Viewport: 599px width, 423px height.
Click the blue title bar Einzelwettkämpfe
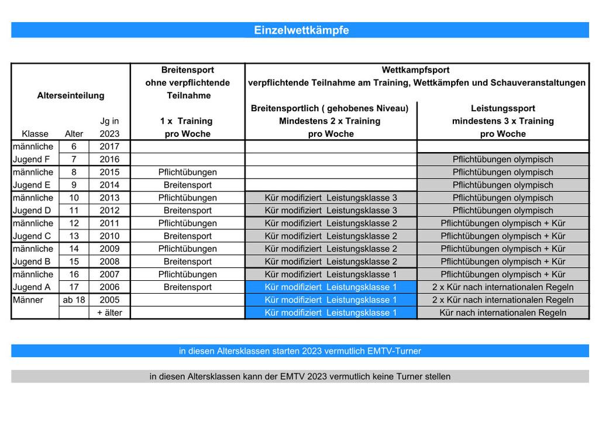[x=300, y=30]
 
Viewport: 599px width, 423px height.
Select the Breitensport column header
[x=187, y=70]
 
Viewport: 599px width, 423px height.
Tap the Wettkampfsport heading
[x=415, y=70]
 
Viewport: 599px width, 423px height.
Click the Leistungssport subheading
[x=502, y=108]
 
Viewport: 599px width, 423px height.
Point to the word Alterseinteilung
[x=70, y=95]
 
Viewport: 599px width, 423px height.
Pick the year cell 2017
[x=109, y=146]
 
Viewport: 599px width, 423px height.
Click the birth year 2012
[x=109, y=210]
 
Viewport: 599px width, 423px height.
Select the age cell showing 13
[x=74, y=236]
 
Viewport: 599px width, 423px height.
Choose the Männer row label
[x=27, y=300]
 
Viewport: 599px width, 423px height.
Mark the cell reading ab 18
[x=74, y=300]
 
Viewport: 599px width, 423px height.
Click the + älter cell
[x=109, y=312]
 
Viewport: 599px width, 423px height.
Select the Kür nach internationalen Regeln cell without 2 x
[x=502, y=312]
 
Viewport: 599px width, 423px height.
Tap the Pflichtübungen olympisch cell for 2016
[x=502, y=159]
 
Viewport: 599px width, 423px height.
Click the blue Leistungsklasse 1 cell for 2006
[x=331, y=287]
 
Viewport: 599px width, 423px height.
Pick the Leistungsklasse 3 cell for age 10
[x=331, y=198]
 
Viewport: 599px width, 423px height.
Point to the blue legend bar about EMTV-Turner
[x=300, y=351]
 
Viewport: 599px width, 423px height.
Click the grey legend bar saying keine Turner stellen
[x=300, y=377]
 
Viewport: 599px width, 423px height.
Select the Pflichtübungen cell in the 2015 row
[x=187, y=172]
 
